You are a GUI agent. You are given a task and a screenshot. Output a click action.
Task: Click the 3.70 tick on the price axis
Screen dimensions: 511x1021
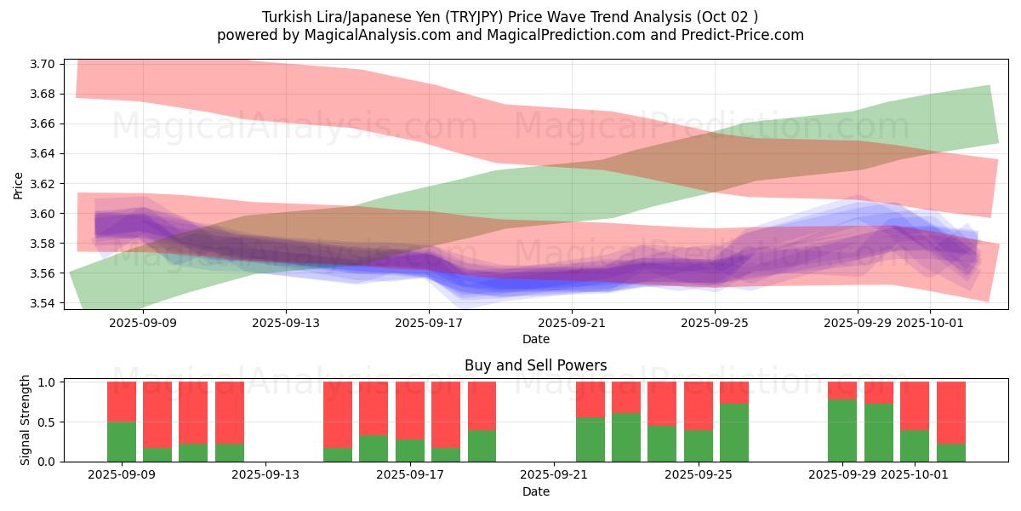tap(43, 65)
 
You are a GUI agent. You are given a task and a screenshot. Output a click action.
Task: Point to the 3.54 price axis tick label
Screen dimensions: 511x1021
tap(43, 303)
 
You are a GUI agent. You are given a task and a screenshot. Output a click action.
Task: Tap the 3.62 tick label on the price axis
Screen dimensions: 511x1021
tap(43, 184)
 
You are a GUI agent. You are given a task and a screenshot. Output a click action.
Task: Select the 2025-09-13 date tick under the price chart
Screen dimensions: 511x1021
tap(286, 323)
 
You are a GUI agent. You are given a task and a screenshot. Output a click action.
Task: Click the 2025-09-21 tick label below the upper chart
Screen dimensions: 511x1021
tap(572, 323)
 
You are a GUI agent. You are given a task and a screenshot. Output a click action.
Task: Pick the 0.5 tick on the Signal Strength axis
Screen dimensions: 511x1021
tap(48, 422)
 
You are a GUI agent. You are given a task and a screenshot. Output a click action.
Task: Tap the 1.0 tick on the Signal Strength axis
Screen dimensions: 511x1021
tap(48, 382)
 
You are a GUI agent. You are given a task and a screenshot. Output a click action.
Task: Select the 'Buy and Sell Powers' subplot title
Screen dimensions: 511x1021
tap(536, 366)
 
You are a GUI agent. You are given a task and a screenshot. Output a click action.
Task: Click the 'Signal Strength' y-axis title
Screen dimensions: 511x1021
tap(25, 419)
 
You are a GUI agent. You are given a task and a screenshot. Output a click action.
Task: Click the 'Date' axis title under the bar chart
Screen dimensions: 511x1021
tap(536, 491)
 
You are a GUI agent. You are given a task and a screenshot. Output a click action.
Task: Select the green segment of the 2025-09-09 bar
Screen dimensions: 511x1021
tap(122, 441)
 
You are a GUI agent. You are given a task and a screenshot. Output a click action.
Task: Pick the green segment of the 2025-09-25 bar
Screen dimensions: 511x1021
tap(699, 445)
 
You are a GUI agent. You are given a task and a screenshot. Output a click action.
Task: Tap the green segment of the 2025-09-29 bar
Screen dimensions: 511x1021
tap(842, 430)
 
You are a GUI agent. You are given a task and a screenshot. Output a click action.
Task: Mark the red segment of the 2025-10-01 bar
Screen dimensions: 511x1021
tap(915, 405)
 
